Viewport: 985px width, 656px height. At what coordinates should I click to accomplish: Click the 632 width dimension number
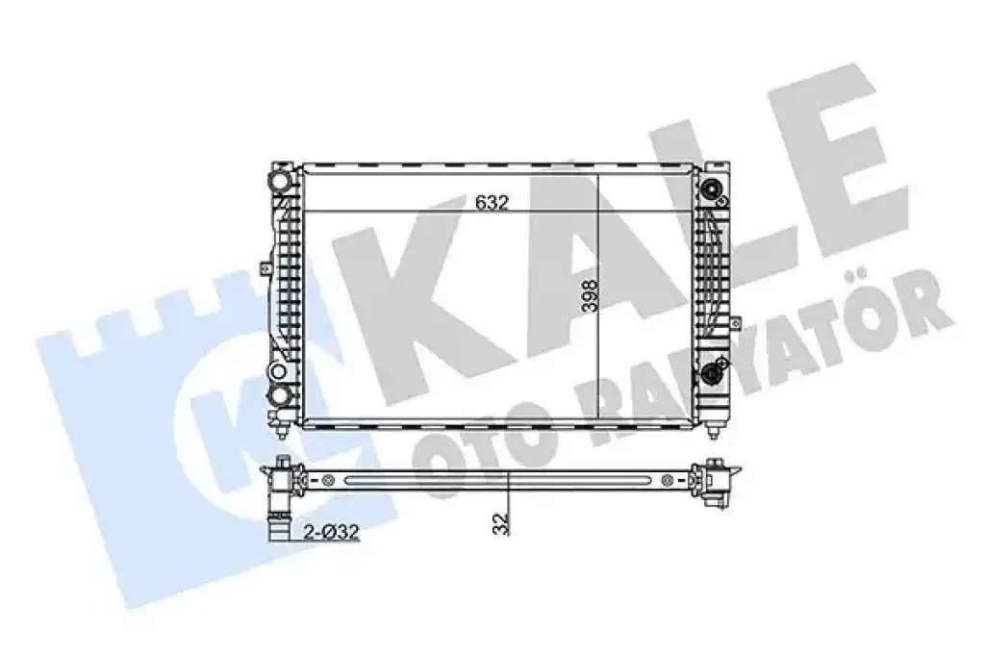point(492,203)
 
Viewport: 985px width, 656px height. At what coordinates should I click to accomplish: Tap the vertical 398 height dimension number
point(590,296)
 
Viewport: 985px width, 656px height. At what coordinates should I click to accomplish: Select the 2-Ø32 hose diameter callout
point(331,532)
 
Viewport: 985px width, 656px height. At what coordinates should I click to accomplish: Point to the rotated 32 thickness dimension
point(500,524)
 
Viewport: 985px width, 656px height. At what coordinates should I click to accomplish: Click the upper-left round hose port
point(280,182)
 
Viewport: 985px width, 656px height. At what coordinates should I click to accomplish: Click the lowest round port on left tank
point(280,396)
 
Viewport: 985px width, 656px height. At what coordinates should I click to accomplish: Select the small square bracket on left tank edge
point(265,268)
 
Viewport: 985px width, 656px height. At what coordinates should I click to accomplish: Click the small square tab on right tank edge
point(733,323)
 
